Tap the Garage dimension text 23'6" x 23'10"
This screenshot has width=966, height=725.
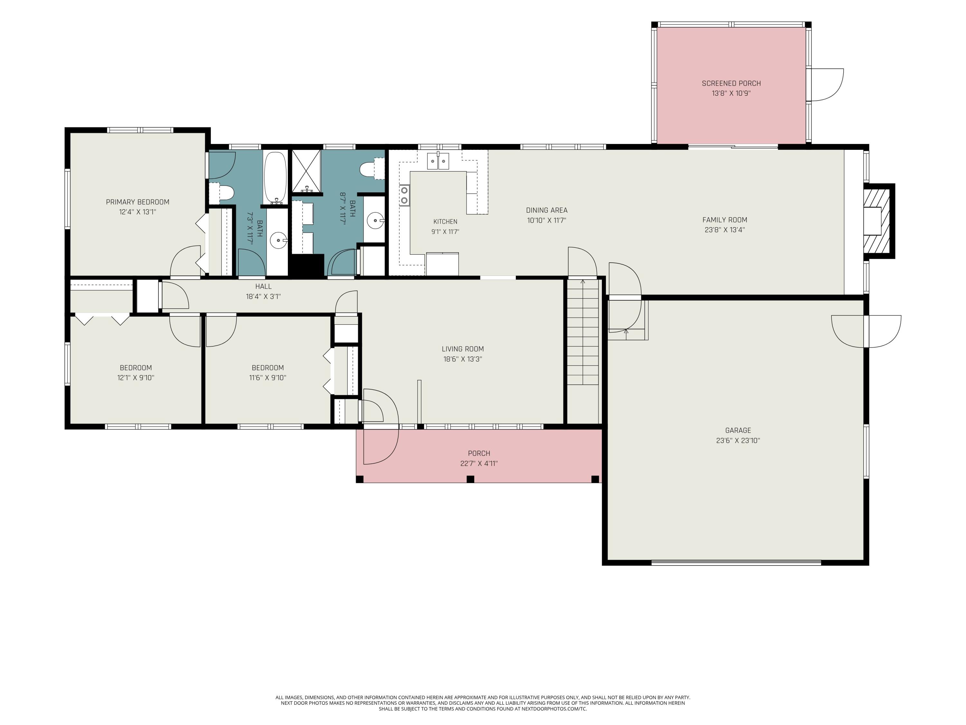click(738, 440)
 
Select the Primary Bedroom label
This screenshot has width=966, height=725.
click(137, 202)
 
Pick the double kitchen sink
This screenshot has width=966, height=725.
click(438, 161)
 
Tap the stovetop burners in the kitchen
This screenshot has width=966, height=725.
click(404, 195)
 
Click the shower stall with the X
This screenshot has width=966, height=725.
click(306, 171)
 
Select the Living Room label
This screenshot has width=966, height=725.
click(462, 349)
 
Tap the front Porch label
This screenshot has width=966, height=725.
click(479, 453)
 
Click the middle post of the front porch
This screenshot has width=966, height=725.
click(470, 479)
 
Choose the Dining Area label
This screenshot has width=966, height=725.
click(546, 210)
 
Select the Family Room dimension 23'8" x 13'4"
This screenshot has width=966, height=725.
click(724, 230)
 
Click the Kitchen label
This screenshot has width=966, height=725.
click(445, 222)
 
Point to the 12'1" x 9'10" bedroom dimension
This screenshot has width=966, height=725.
click(136, 378)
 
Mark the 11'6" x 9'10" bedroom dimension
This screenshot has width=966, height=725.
click(268, 378)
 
